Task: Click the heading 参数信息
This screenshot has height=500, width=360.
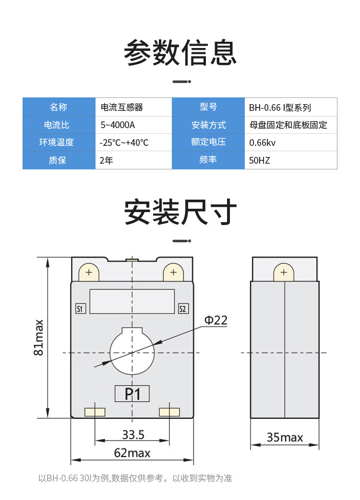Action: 180,53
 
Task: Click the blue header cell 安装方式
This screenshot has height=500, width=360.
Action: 208,125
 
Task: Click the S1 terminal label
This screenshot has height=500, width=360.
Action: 81,309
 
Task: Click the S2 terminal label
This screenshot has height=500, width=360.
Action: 182,309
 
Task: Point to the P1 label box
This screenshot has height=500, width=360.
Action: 132,394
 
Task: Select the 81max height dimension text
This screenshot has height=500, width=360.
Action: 39,337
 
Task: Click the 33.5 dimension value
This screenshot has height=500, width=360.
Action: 133,435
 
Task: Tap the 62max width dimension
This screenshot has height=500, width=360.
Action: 132,452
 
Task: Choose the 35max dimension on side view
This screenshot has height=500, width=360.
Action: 285,437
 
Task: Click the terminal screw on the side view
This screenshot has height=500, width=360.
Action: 284,273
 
